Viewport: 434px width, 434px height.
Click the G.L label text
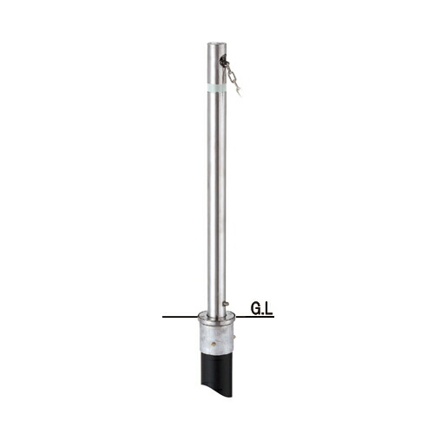261,308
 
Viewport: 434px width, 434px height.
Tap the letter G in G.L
255,308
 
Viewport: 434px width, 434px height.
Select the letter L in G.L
269,308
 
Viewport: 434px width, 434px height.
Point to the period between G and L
263,313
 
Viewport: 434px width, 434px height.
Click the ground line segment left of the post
180,317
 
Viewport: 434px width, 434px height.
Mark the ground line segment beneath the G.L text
255,317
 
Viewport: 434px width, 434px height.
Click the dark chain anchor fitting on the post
224,61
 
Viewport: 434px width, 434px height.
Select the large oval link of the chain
231,76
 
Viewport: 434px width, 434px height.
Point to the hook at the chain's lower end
239,92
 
